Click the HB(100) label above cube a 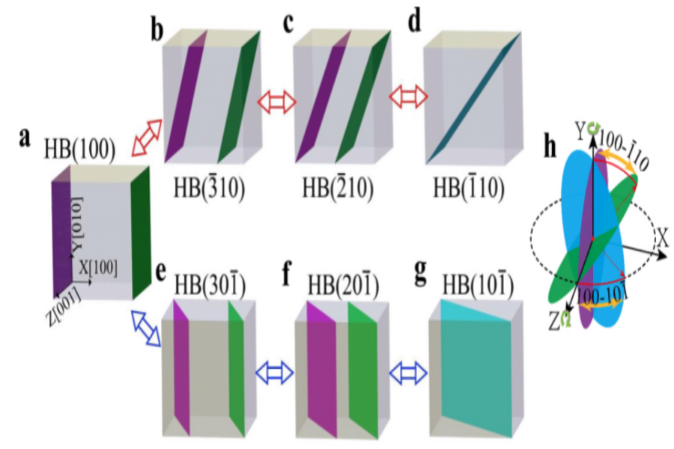[x=79, y=150]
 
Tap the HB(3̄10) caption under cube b [x=210, y=188]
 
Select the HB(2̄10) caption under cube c [x=338, y=188]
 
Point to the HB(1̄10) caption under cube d [x=469, y=188]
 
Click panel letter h [x=550, y=147]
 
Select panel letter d [x=414, y=22]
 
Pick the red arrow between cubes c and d [x=408, y=97]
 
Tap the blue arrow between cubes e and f [x=275, y=373]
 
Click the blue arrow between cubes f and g [x=408, y=373]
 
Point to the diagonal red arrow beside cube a [x=147, y=138]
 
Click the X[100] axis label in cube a [x=98, y=268]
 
